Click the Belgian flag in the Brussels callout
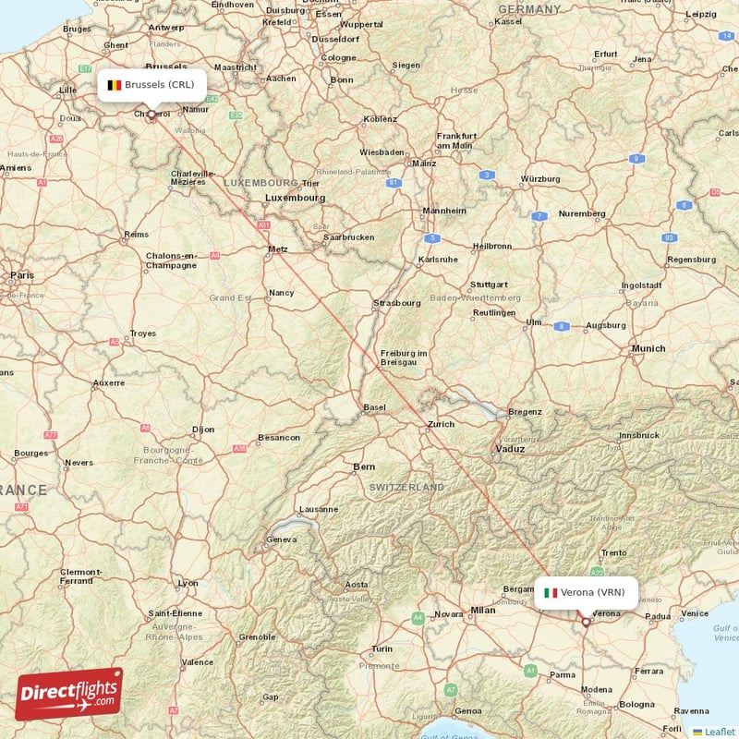[114, 85]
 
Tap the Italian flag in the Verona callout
[551, 593]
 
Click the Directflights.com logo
[69, 693]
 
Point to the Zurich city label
[441, 425]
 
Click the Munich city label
[648, 348]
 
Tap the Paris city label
[21, 275]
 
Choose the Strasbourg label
[397, 303]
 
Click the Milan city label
[482, 610]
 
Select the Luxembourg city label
[295, 198]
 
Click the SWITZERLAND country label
[406, 487]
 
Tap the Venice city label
[694, 613]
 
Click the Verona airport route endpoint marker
[586, 623]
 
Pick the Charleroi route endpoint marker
[151, 115]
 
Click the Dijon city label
[202, 430]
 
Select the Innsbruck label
[639, 434]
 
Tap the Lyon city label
[188, 583]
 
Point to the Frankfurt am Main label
[455, 139]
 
